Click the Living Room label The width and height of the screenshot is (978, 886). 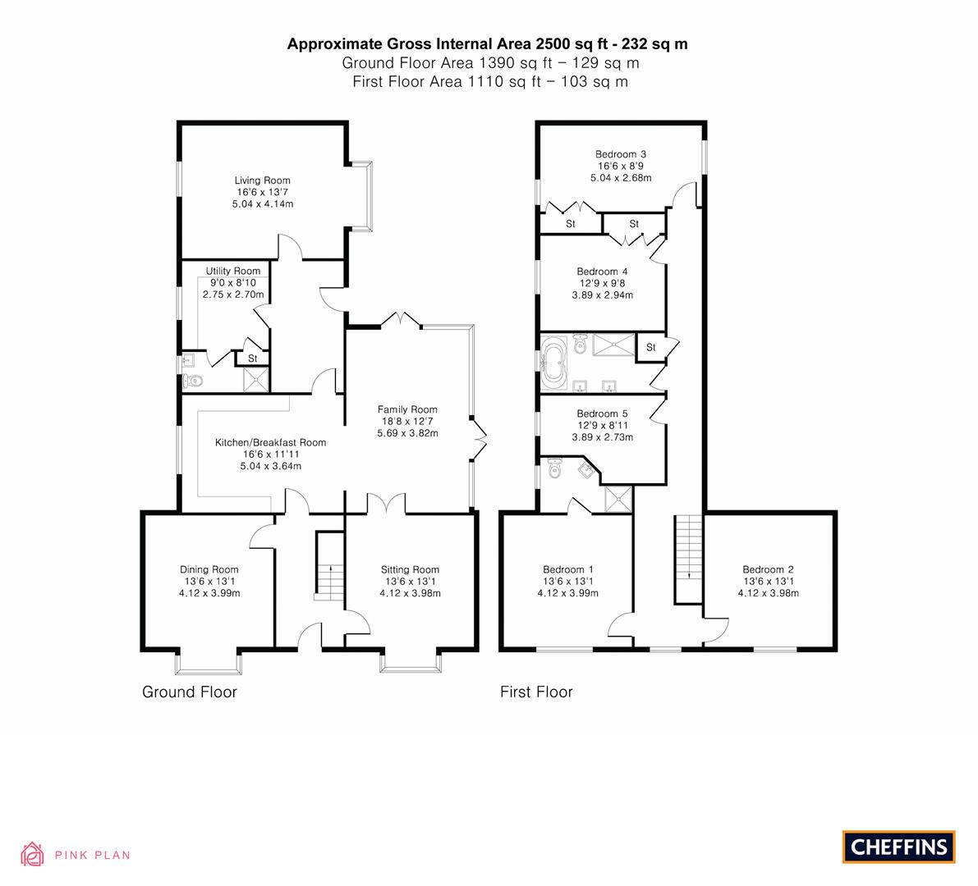tap(263, 180)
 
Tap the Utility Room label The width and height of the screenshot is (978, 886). tap(233, 271)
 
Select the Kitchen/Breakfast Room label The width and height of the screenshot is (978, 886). tap(271, 442)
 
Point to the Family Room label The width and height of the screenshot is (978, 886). tap(407, 409)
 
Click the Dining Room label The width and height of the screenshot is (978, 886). tap(209, 569)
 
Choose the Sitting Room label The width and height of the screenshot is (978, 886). tap(410, 569)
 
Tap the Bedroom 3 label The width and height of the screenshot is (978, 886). tap(621, 154)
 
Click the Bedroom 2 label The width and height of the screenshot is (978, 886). tap(768, 569)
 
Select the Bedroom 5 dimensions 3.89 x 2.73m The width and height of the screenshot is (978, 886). tap(603, 437)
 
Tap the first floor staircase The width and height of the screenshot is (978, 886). tap(689, 559)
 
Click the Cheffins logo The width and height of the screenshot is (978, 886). tap(899, 847)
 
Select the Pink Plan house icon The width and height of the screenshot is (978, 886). tap(32, 854)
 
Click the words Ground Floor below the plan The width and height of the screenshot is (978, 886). tap(190, 692)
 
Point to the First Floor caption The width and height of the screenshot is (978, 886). tap(536, 692)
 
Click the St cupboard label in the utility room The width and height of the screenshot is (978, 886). tap(253, 359)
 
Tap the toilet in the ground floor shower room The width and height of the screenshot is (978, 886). tap(192, 381)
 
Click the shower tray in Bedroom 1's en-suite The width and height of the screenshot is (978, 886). tap(618, 499)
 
